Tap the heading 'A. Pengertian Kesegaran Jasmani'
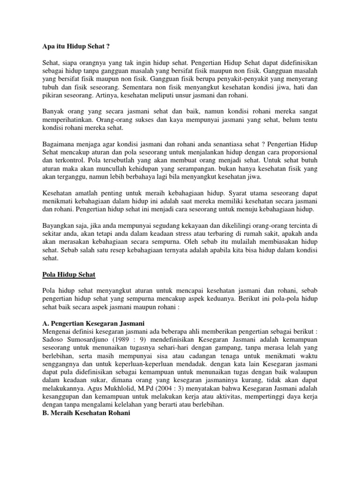pyautogui.click(x=90, y=324)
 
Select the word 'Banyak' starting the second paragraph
pyautogui.click(x=48, y=111)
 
